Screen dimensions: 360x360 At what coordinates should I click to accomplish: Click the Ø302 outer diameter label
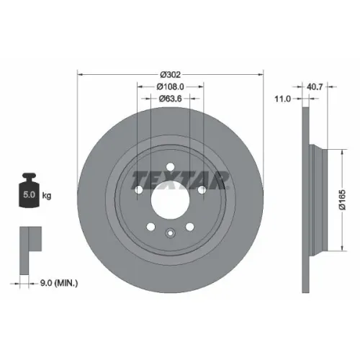tap(170, 75)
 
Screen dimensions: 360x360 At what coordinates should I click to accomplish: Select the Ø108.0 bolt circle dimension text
tap(170, 86)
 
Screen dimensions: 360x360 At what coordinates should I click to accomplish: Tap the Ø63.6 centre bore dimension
tap(170, 99)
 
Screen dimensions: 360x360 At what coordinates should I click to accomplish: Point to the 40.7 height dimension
tap(315, 86)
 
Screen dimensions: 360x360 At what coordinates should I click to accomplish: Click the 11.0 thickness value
tap(282, 99)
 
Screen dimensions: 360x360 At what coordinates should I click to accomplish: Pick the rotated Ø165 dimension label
tap(343, 199)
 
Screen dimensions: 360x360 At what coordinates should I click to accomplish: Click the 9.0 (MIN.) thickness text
tap(59, 283)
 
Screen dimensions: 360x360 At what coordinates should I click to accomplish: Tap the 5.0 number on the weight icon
tap(29, 194)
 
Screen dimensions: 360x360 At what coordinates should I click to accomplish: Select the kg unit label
tap(47, 196)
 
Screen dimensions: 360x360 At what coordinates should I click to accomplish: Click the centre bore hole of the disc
tap(170, 199)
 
